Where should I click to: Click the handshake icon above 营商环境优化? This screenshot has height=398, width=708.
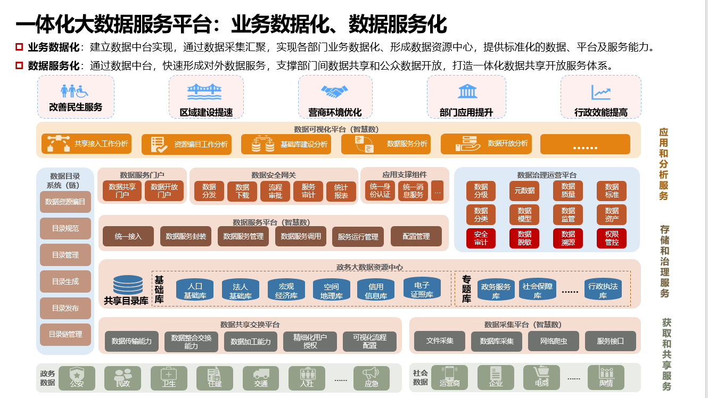click(334, 92)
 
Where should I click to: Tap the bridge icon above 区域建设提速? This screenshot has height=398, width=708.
click(204, 92)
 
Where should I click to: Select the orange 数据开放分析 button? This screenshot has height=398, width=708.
click(486, 144)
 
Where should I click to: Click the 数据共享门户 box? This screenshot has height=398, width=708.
click(122, 191)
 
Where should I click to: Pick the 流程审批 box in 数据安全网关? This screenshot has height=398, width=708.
click(275, 191)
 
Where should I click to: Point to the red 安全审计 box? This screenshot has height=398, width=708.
click(481, 238)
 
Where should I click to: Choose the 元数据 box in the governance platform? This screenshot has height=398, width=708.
click(524, 190)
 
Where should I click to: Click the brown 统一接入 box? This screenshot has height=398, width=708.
click(128, 236)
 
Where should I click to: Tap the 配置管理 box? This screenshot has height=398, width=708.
click(416, 236)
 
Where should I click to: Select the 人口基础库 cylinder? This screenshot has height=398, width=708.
click(195, 289)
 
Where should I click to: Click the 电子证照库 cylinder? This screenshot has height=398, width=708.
click(422, 288)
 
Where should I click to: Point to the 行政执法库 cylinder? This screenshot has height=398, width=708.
click(603, 289)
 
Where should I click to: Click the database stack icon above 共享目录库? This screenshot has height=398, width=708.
click(128, 285)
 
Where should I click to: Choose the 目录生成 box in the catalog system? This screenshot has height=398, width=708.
click(65, 281)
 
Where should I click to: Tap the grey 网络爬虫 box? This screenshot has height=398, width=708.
click(554, 341)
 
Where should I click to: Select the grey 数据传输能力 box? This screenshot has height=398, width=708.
click(131, 342)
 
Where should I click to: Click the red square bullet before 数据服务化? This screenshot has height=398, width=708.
click(19, 65)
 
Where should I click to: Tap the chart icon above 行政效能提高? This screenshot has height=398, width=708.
click(601, 92)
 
